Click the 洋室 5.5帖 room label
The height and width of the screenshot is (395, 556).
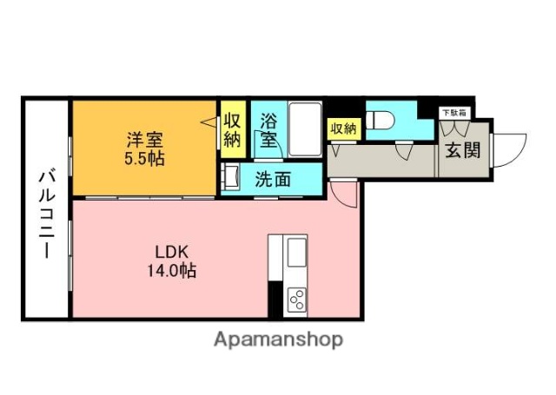tap(144, 148)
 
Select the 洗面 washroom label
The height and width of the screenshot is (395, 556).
tap(272, 181)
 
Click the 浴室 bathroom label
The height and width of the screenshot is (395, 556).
tap(268, 129)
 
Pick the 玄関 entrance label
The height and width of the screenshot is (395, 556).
tap(462, 149)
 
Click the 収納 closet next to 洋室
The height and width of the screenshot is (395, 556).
tap(232, 129)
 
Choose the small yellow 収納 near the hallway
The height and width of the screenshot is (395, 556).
tap(342, 128)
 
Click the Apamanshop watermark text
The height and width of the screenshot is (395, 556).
tap(278, 339)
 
